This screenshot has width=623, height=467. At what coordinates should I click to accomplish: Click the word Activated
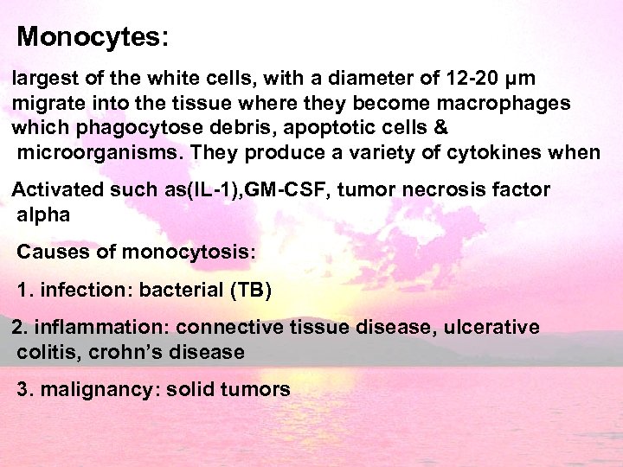[58, 189]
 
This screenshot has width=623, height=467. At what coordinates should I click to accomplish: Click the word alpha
[42, 214]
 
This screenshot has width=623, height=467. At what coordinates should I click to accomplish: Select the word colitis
[41, 352]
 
